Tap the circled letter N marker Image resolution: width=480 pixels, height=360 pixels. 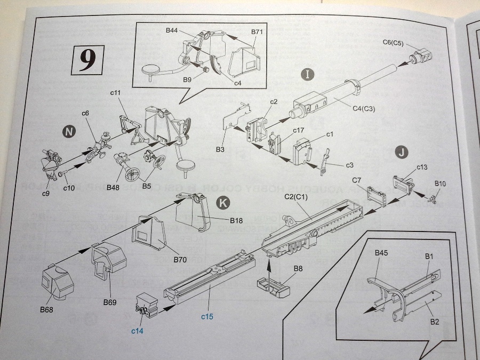click(x=68, y=132)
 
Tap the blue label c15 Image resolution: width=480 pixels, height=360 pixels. click(x=207, y=317)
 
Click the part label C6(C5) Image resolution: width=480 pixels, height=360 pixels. click(x=394, y=43)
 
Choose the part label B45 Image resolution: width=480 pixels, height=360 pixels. click(x=381, y=252)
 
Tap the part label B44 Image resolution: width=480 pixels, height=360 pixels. click(x=171, y=31)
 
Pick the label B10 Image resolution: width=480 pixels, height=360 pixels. click(x=440, y=183)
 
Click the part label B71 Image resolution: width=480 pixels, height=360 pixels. click(x=258, y=32)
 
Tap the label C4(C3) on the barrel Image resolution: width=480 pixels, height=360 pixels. click(x=365, y=108)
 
